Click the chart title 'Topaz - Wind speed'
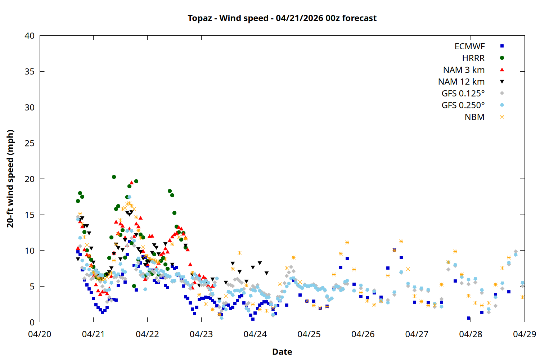(x=282, y=18)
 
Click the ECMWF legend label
(x=469, y=46)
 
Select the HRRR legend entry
(x=473, y=58)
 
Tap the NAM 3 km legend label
(x=464, y=70)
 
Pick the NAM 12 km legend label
(x=461, y=82)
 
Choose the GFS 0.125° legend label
(x=463, y=94)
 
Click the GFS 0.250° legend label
(x=463, y=105)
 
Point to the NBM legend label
(x=474, y=117)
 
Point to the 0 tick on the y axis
(x=32, y=323)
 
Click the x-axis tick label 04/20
(x=40, y=334)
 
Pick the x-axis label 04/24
(x=255, y=334)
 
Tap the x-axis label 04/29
(x=525, y=334)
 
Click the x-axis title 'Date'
(x=282, y=352)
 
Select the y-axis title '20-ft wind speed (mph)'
(x=10, y=179)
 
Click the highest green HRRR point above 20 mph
(x=114, y=177)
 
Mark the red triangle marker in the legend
(x=502, y=70)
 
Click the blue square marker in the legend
(x=502, y=46)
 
